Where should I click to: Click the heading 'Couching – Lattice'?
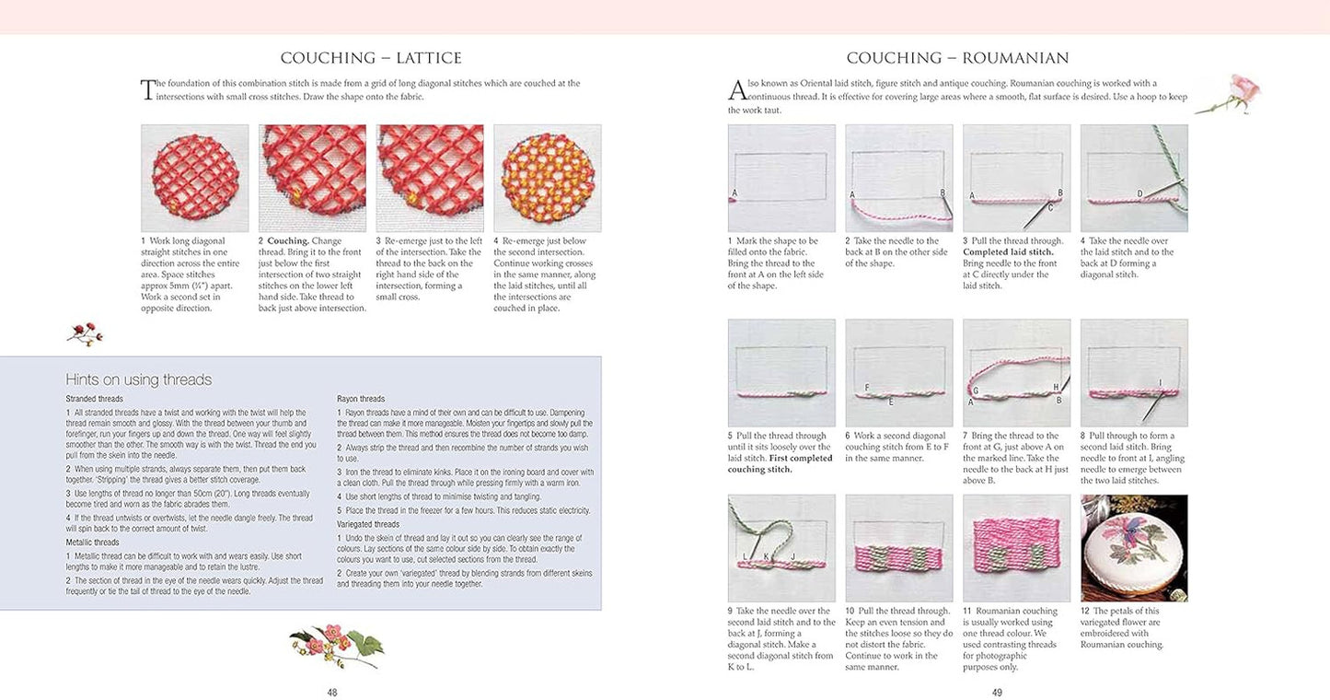[371, 58]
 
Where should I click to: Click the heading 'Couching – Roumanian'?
[957, 58]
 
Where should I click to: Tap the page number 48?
[332, 692]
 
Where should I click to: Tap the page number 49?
[997, 692]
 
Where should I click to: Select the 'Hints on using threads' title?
[138, 379]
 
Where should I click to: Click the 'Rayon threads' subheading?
[361, 399]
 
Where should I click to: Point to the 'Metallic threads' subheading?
[92, 542]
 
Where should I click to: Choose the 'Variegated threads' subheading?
[367, 523]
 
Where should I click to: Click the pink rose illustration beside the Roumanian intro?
[1230, 95]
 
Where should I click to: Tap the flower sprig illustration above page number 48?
[335, 643]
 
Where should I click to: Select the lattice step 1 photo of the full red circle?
[194, 178]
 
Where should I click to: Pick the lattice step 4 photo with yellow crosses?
[547, 178]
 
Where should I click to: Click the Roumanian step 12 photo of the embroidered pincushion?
[1134, 548]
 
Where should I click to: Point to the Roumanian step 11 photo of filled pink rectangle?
[1016, 548]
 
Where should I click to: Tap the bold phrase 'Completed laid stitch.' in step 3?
[1008, 251]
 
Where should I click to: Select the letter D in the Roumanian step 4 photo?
[1139, 193]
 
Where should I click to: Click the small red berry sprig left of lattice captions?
[85, 333]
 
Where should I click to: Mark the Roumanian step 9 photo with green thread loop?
[781, 548]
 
